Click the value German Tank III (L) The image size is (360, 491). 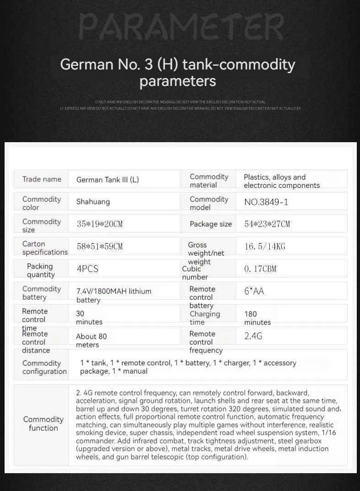107,180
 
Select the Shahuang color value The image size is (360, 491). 93,202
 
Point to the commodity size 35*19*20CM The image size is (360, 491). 100,224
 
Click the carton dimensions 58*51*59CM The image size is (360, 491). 100,246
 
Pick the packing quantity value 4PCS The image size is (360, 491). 87,269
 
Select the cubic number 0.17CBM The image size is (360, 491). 260,269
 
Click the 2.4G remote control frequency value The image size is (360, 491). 253,336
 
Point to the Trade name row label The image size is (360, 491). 42,179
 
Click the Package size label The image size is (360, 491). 211,224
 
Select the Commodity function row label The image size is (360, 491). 43,424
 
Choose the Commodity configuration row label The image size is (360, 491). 44,367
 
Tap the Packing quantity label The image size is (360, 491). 40,270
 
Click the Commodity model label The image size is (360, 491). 209,203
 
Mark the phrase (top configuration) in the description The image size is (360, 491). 216,457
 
